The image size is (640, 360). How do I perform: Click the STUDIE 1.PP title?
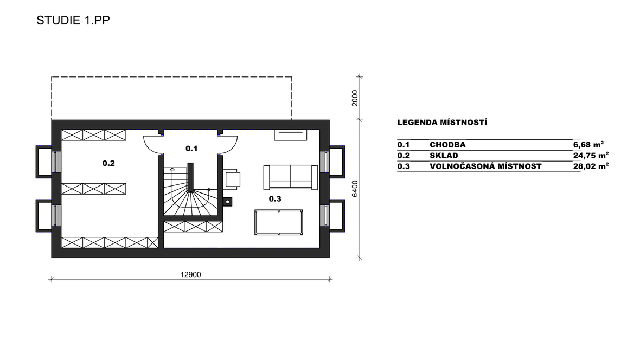coord(73,21)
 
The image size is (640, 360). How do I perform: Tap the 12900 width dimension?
coord(190,275)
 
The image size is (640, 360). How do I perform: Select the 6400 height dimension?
coord(355,189)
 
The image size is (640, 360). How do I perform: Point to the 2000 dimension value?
coord(355,98)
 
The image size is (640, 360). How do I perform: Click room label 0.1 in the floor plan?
coord(191,149)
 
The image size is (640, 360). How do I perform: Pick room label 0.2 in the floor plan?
coord(108,163)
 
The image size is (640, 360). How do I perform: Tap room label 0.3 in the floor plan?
coord(275,199)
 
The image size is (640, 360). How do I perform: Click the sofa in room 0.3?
coord(291,177)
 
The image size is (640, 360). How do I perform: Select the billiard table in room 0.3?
coord(279,222)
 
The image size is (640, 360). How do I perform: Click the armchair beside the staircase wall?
coord(232,179)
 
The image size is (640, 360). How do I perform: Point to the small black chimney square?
coord(227,201)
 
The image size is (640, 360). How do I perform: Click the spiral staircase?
coord(190,191)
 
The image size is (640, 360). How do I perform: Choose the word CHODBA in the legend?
coord(447,145)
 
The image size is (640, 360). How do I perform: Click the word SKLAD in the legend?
coord(444,156)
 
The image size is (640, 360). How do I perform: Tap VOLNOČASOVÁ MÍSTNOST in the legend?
coord(485,166)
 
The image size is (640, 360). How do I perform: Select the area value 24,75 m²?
coord(591,155)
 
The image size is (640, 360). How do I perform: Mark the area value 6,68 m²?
coord(588,145)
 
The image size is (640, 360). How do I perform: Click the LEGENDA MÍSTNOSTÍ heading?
coord(442,122)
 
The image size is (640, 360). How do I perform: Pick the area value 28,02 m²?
coord(591,166)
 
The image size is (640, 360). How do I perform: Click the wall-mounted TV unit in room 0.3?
coord(290,135)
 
